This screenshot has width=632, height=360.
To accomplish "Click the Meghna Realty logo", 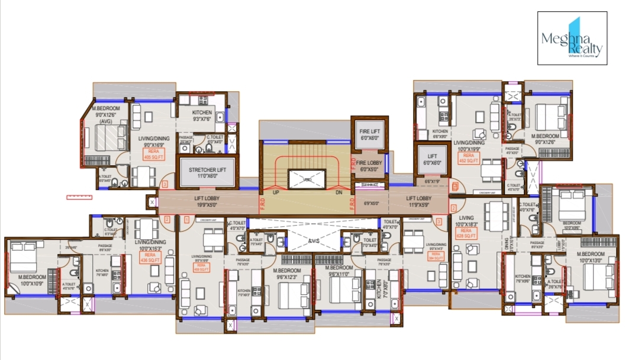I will click(572, 38).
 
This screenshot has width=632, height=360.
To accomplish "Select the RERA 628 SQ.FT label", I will click(466, 233).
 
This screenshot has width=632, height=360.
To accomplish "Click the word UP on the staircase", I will click(275, 192).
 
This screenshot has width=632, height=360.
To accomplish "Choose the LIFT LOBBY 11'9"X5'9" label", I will click(418, 202).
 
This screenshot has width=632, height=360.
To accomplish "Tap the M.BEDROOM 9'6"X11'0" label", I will click(340, 271).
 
